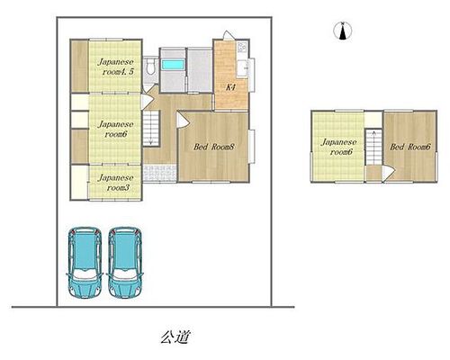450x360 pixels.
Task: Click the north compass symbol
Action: click(343, 31)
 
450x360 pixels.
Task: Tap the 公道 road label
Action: click(175, 337)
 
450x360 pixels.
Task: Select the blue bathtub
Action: click(173, 65)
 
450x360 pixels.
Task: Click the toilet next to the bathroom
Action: click(150, 67)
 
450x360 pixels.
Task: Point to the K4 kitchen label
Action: click(230, 87)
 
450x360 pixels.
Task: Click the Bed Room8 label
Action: click(213, 147)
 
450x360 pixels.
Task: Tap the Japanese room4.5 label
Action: click(116, 67)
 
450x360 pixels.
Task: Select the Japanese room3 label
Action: click(115, 183)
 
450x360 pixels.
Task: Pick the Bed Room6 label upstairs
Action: click(410, 147)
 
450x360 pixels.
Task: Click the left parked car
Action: click(85, 262)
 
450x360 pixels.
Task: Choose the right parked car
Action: click(125, 262)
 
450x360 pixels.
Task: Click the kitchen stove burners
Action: click(242, 47)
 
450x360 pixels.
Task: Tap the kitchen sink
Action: click(242, 68)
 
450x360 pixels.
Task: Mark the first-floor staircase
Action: click(151, 128)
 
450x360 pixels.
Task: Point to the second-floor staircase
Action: click(373, 147)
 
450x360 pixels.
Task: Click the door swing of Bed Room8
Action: click(183, 121)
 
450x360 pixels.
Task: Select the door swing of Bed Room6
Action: click(389, 174)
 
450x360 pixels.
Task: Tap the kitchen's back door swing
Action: click(229, 35)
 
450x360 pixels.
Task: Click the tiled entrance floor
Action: click(159, 174)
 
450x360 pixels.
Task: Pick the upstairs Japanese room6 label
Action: click(339, 147)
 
